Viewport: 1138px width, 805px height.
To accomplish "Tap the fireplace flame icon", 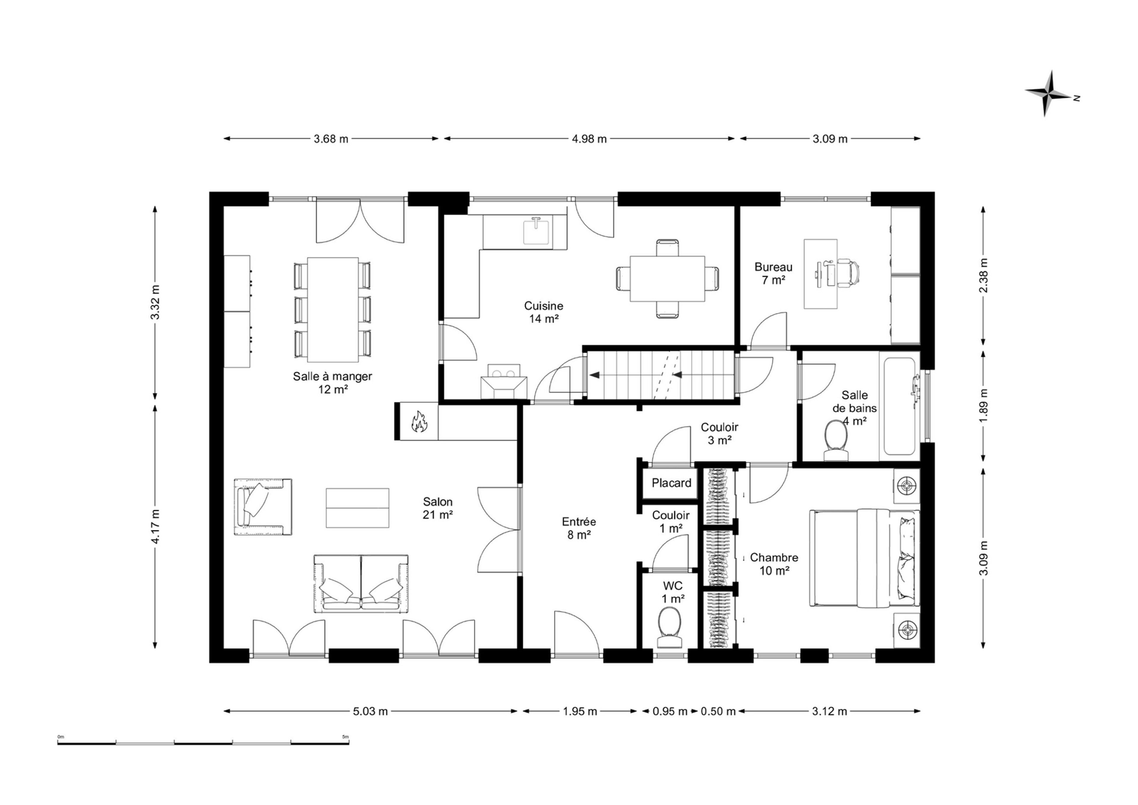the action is tap(419, 422).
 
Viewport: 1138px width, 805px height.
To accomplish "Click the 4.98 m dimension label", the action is tap(589, 139).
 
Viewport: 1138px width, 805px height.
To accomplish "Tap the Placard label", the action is tap(672, 483).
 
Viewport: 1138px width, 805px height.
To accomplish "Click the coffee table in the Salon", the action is tap(357, 508).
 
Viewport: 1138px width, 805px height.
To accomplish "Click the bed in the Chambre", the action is tap(864, 558).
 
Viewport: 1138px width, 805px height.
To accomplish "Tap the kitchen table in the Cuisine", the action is tap(667, 279).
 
